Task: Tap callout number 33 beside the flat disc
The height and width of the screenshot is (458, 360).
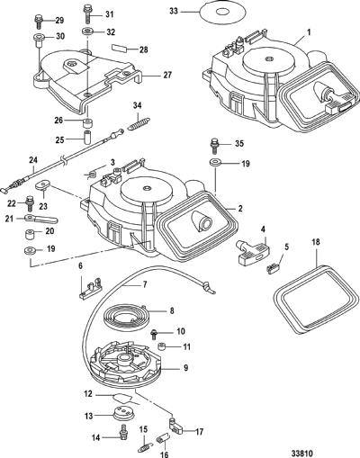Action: [x=174, y=11]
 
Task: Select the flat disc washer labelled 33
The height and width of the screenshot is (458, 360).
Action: [x=223, y=13]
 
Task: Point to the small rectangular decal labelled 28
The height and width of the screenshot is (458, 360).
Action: [x=121, y=48]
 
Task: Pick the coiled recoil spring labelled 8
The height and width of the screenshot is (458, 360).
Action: [x=124, y=318]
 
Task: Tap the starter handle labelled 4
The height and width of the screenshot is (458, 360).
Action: [x=254, y=251]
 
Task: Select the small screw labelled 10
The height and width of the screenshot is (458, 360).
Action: [x=154, y=334]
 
